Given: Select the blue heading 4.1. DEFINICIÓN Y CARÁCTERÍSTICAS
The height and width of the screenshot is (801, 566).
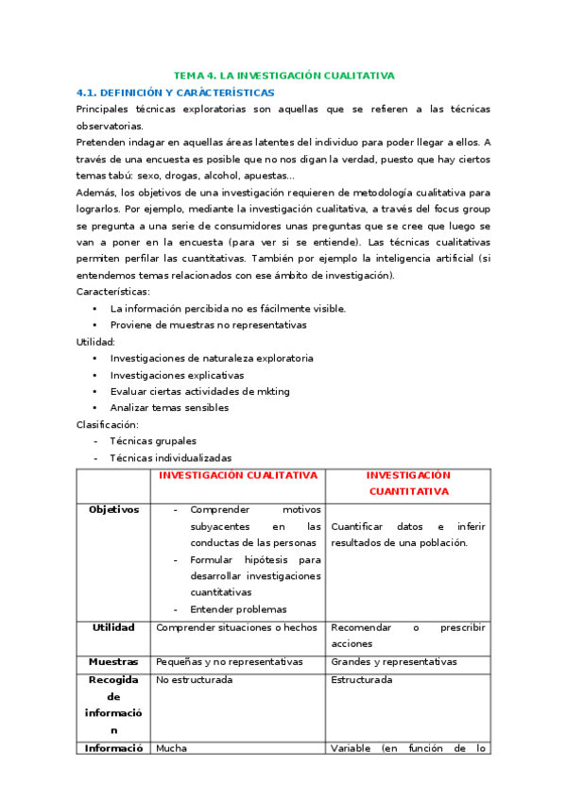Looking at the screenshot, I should coord(175,93).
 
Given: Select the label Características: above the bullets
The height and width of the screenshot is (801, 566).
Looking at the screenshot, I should coord(112,292).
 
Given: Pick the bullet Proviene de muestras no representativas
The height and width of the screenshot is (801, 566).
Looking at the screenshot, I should coord(208,325).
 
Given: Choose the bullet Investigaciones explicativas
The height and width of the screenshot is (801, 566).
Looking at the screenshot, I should coord(177,375).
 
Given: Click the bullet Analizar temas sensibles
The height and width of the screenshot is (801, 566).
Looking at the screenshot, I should coord(169,408).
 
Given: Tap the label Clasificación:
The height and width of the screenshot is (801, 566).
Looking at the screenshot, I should coord(108,424).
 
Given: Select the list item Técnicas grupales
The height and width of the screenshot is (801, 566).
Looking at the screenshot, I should coord(153,441).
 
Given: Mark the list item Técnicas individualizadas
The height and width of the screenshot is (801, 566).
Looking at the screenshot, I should coord(170,457).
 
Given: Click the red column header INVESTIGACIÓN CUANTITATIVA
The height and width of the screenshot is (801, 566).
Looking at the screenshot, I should coord(408,484).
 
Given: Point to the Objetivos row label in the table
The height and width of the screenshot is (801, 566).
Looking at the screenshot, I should coord(113,509).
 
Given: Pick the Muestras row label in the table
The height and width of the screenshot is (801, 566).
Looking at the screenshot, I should coord(113,662).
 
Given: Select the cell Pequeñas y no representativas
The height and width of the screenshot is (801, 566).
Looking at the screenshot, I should coord(229,662).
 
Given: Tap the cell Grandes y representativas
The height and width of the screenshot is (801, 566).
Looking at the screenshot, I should coord(394,662).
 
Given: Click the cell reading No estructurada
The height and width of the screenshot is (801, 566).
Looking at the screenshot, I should coord(194,679).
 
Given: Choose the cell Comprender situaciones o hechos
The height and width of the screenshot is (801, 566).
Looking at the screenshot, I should coord(236,627).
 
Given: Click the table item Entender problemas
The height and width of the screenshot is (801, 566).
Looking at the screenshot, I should coord(238,609).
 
